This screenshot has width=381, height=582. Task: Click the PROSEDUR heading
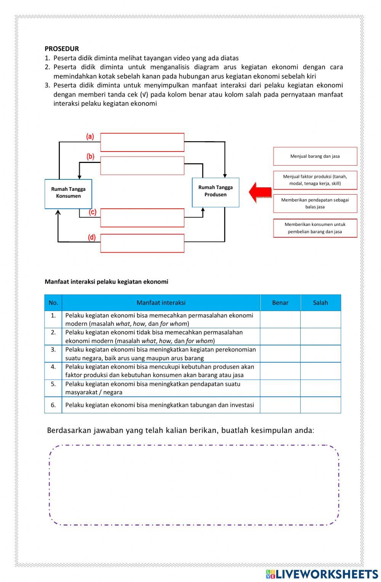[62, 48]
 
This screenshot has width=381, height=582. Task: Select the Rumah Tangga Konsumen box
[68, 193]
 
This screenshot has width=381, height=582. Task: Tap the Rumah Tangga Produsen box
[215, 192]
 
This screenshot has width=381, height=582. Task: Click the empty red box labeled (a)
[142, 142]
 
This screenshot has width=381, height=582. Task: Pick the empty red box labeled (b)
[142, 165]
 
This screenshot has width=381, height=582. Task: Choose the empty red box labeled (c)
[142, 218]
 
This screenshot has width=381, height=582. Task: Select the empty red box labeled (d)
[142, 243]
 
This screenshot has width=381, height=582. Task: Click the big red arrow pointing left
[260, 192]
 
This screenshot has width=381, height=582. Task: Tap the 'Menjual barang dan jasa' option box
[315, 156]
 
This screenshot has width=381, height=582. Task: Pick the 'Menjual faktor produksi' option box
[315, 180]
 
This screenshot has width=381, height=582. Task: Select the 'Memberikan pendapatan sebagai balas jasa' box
[315, 203]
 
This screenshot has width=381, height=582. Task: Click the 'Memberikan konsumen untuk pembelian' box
[315, 228]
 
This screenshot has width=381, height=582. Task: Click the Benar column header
[280, 303]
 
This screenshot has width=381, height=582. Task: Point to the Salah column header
[320, 303]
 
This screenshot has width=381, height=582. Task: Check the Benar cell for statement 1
[280, 319]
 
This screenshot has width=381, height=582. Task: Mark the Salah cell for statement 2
[320, 337]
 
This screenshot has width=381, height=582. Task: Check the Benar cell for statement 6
[280, 405]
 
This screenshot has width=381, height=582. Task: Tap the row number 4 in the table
[53, 367]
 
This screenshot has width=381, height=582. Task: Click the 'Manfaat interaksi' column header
[161, 303]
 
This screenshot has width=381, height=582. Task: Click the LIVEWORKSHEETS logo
[322, 574]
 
